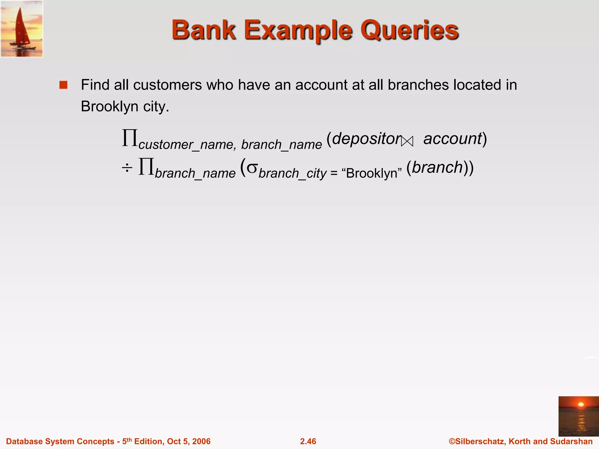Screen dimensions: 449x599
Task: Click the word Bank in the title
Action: [204, 30]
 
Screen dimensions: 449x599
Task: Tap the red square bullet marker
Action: [63, 85]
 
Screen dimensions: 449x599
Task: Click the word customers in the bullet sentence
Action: [168, 85]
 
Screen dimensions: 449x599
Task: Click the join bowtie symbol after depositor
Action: [407, 142]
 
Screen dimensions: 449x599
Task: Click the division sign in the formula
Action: [127, 168]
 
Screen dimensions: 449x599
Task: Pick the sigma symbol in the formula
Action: [252, 168]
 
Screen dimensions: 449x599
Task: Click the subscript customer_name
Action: [186, 145]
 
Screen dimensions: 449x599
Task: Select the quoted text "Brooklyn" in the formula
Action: [371, 173]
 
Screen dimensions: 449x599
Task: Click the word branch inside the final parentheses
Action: [438, 167]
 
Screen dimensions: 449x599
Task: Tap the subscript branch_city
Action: [292, 173]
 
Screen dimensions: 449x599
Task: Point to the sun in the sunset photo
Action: [581, 405]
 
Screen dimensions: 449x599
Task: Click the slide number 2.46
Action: [308, 441]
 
